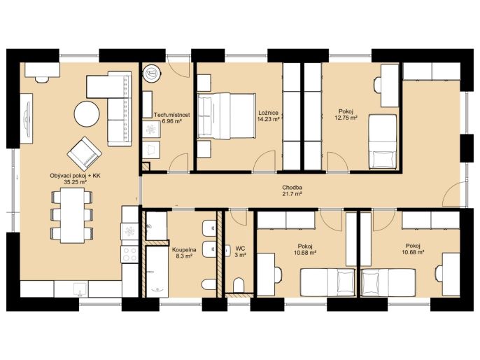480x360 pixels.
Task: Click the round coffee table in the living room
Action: [x=87, y=114]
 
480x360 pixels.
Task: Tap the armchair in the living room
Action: [x=85, y=153]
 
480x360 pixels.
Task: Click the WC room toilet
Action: [x=239, y=285]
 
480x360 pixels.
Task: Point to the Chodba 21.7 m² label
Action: [x=292, y=191]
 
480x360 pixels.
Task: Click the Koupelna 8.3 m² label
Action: [x=184, y=253]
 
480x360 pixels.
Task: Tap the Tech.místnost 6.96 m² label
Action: [x=171, y=118]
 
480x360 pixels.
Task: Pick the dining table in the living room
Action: [x=72, y=216]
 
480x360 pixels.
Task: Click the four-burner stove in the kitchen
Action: [x=129, y=254]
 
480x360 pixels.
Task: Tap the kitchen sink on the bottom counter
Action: [x=80, y=289]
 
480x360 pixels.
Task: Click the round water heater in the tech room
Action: [x=152, y=74]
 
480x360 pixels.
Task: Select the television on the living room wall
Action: [x=27, y=118]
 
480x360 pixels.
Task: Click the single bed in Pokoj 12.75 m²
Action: [x=383, y=142]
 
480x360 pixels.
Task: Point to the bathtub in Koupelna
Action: [x=157, y=272]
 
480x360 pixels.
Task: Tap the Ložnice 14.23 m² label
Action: [x=268, y=116]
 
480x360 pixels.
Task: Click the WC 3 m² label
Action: [x=240, y=251]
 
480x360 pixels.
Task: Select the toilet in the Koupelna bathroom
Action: [x=209, y=284]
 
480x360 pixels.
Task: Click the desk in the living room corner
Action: [x=42, y=70]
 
